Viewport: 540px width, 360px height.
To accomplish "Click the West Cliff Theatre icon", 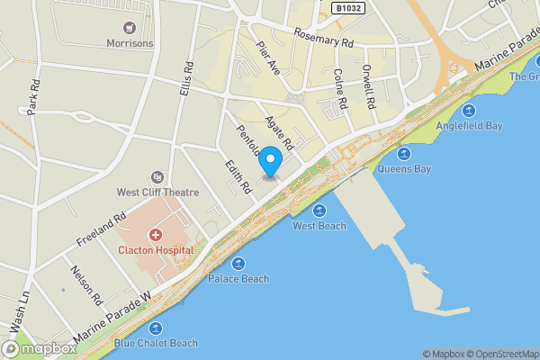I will pyautogui.click(x=157, y=177).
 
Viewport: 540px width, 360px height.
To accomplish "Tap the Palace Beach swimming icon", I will pyautogui.click(x=238, y=264).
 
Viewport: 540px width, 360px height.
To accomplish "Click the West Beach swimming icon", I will pyautogui.click(x=319, y=211).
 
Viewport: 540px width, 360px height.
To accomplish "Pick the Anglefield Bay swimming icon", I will pyautogui.click(x=468, y=111).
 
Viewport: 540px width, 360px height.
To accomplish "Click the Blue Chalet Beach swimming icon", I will pyautogui.click(x=156, y=328).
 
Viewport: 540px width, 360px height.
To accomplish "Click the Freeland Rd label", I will pyautogui.click(x=100, y=229).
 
